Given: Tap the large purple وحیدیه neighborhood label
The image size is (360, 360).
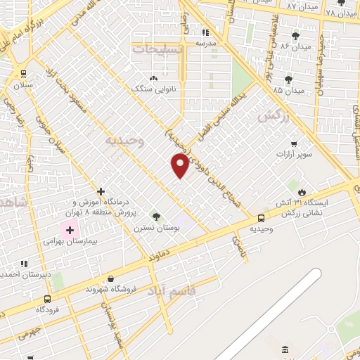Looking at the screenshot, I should click(124, 141).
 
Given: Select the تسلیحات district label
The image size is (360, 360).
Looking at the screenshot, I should click(159, 50).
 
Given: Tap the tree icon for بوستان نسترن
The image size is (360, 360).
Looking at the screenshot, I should click(155, 216).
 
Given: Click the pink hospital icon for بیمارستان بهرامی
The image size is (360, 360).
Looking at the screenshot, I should click(70, 229).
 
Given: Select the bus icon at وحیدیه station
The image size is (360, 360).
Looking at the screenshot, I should click(261, 218).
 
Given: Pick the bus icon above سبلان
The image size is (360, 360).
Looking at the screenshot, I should click(23, 73).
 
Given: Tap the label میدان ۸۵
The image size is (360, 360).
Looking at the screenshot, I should click(288, 90).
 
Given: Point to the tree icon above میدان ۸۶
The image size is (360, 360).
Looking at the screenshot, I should click(294, 34).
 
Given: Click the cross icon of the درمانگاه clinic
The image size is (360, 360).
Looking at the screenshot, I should click(101, 191).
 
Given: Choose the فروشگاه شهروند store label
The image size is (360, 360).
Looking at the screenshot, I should click(110, 289).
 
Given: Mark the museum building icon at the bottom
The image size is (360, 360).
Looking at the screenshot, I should click(285, 349).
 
